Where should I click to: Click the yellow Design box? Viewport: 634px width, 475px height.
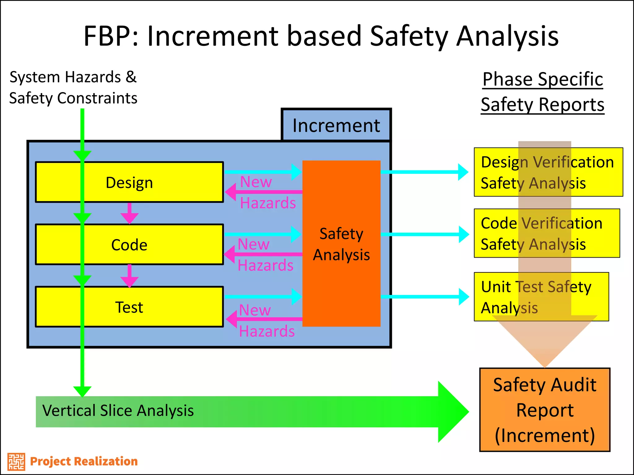[x=149, y=182]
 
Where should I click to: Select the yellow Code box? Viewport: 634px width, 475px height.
[x=149, y=245]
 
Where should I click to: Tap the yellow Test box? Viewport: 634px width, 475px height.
[x=149, y=307]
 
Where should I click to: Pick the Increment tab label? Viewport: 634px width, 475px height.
[x=336, y=125]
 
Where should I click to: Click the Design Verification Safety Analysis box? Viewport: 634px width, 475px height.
[x=548, y=172]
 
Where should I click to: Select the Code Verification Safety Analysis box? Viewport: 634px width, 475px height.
[x=546, y=233]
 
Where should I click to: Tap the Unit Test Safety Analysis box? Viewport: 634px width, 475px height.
[x=541, y=297]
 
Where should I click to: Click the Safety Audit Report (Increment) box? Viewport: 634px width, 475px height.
[x=545, y=410]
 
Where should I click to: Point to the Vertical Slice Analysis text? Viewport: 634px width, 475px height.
[x=118, y=411]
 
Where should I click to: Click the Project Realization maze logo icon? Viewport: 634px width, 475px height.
[x=16, y=462]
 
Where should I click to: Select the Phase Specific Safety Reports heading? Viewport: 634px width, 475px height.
[x=542, y=92]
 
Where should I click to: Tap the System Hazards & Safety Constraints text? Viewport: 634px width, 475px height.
[x=73, y=88]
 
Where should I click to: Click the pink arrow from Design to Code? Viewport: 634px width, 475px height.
[x=129, y=213]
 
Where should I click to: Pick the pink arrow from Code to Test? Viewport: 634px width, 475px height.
[x=129, y=276]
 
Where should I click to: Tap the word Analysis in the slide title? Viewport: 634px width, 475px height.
[x=507, y=36]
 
